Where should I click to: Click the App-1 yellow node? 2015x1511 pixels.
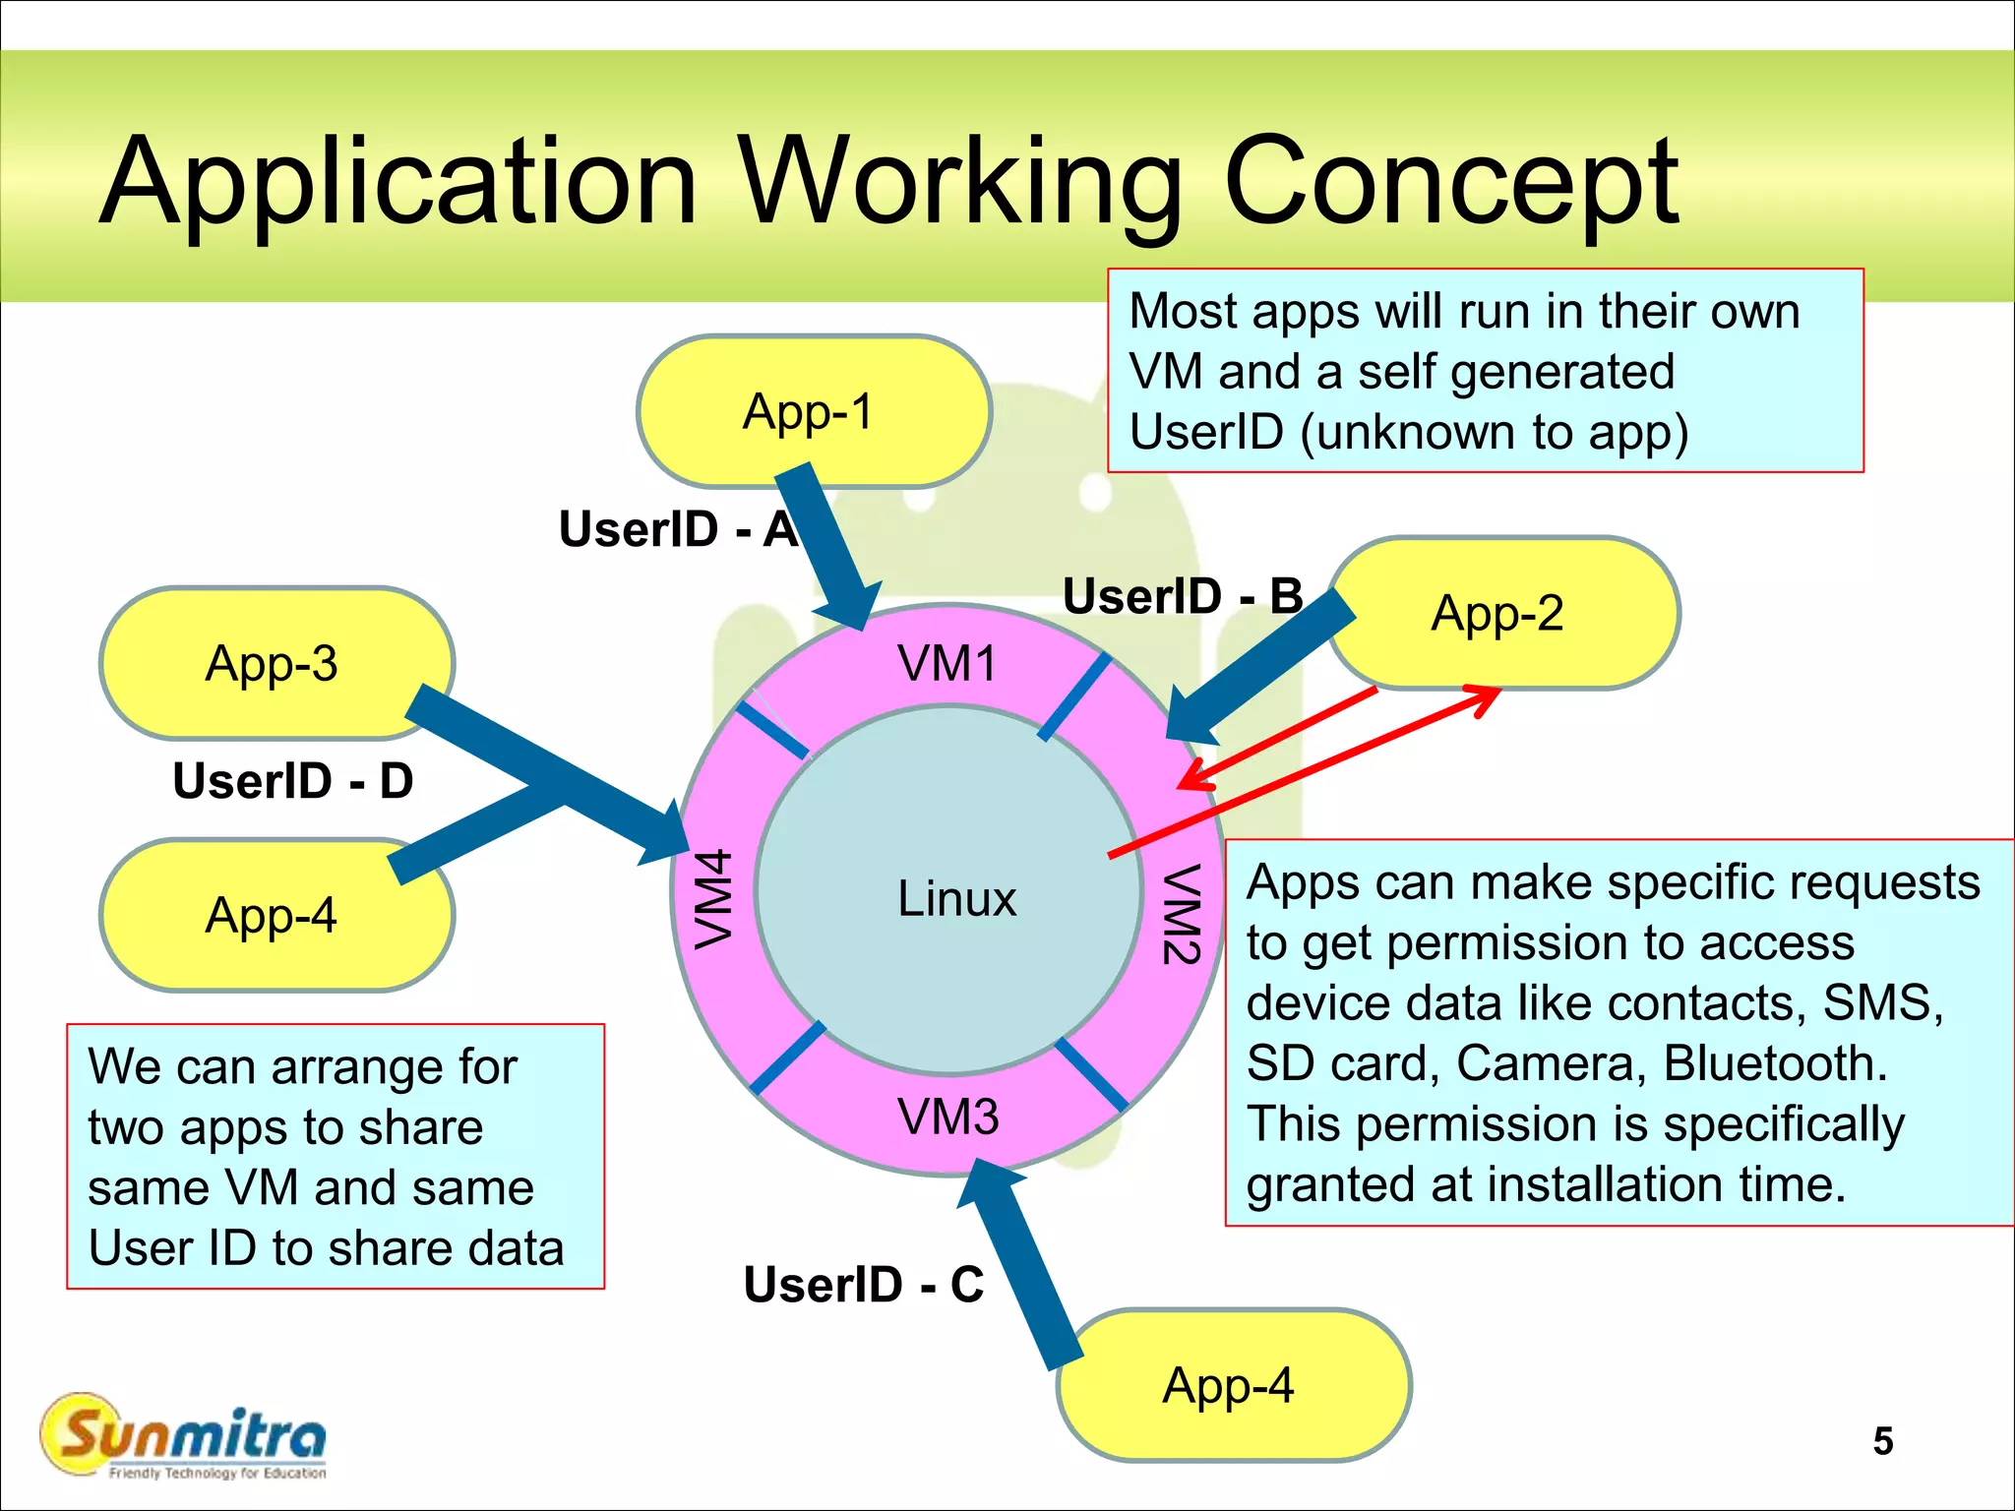point(813,411)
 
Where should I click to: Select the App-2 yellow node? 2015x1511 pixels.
point(1501,613)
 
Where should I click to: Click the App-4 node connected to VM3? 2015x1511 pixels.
point(1232,1385)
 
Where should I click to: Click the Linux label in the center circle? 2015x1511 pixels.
point(956,898)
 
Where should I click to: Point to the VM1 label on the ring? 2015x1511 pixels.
point(946,663)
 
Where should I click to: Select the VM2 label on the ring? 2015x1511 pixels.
point(1181,914)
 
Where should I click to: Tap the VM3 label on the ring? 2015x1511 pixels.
point(947,1117)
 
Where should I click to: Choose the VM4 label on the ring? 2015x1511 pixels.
point(713,898)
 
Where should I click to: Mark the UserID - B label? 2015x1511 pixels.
point(1183,596)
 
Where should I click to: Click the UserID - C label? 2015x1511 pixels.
point(864,1284)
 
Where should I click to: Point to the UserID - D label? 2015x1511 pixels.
point(292,781)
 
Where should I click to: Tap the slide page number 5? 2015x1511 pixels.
point(1882,1441)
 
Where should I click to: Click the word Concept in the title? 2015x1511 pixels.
point(1450,182)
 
